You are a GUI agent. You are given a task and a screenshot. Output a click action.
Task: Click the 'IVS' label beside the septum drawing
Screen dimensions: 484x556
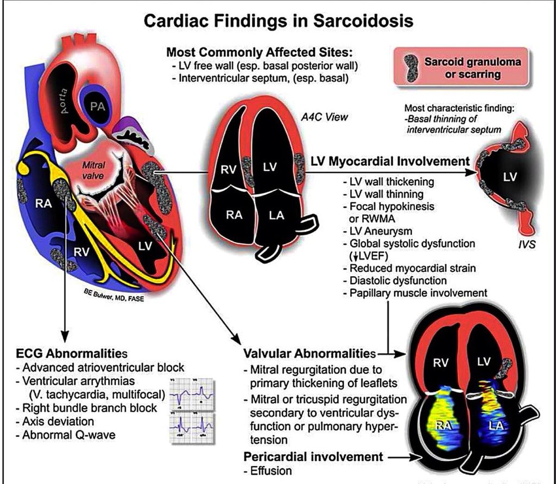coord(526,245)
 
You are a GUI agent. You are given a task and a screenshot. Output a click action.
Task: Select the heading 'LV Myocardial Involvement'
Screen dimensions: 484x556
coord(390,161)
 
